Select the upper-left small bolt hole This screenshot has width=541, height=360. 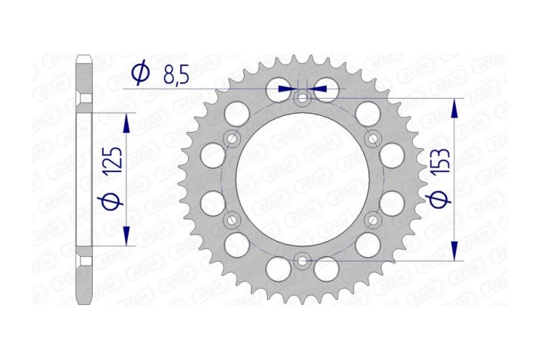tap(231, 138)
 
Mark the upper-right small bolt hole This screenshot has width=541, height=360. tap(373, 138)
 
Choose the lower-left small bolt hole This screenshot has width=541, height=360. tap(231, 220)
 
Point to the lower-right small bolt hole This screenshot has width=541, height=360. tap(373, 220)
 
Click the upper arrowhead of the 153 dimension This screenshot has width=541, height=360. tap(457, 107)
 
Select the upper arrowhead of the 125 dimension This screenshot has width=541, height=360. tap(127, 123)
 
